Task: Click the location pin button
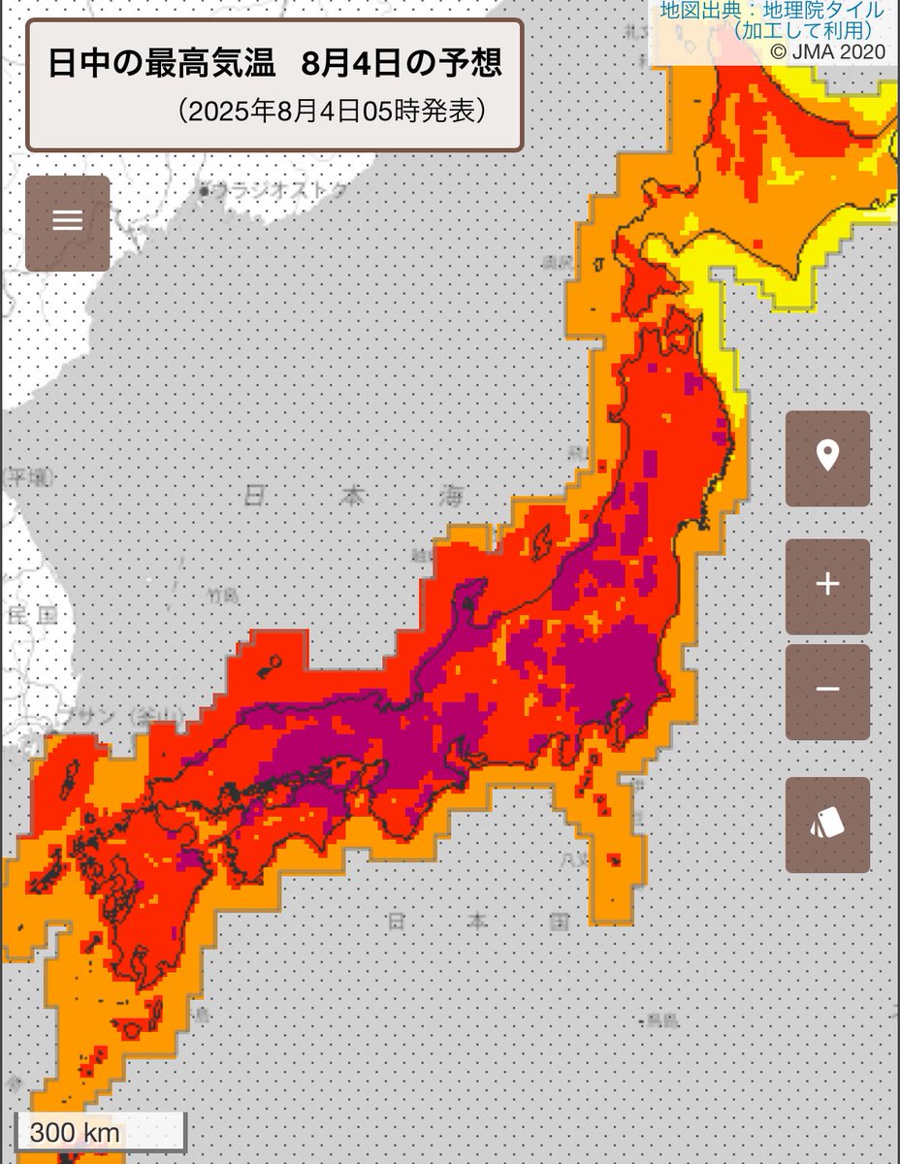point(827,458)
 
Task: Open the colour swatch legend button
point(827,824)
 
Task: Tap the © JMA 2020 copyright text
point(827,51)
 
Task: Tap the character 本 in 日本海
point(352,498)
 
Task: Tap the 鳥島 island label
point(661,1019)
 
